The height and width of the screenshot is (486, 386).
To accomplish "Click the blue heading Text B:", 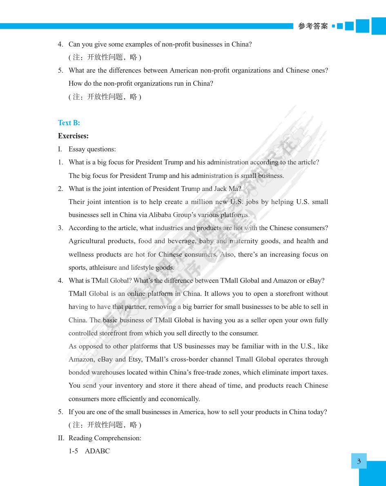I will click(x=69, y=123).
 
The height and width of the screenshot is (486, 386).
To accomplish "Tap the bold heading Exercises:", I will click(x=73, y=136).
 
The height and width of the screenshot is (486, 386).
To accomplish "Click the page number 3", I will click(x=359, y=462).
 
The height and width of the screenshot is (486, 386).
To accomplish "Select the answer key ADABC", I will click(x=97, y=451).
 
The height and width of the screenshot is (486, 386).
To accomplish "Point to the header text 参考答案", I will click(x=313, y=26).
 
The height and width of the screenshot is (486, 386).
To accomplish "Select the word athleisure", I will click(x=102, y=268).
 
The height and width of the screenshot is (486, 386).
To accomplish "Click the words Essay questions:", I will click(x=92, y=149).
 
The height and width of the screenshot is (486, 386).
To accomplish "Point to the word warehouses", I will click(x=105, y=373).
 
